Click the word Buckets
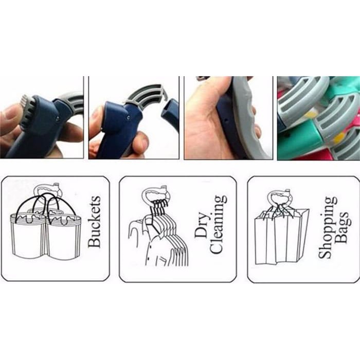(x=94, y=222)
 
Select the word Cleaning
(x=218, y=225)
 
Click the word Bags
(x=342, y=227)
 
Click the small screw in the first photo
(x=58, y=118)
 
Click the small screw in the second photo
(x=129, y=118)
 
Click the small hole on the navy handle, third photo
(x=227, y=120)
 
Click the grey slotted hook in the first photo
(x=74, y=103)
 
